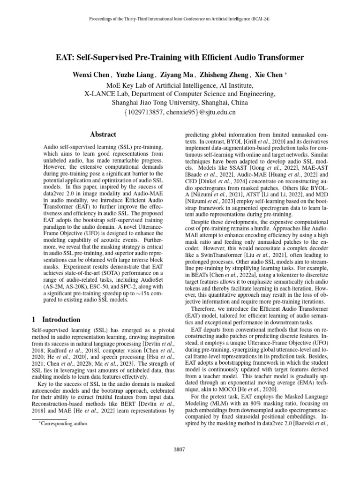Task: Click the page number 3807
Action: pos(180,450)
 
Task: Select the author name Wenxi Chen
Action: pos(91,75)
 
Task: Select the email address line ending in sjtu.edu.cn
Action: pos(180,112)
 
